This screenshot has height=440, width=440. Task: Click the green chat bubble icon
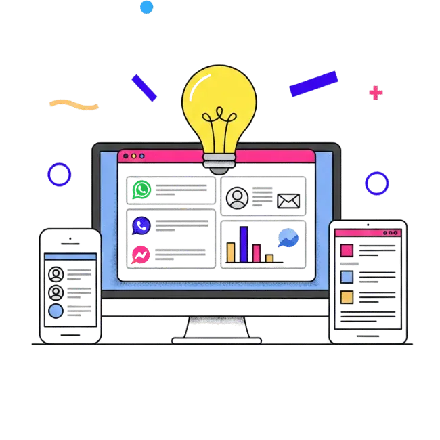pyautogui.click(x=141, y=190)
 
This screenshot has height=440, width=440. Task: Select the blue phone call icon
pyautogui.click(x=141, y=224)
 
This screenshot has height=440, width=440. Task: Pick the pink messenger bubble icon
pyautogui.click(x=141, y=252)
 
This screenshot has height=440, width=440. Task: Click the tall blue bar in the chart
pyautogui.click(x=244, y=244)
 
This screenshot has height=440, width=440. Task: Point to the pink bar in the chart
pyautogui.click(x=257, y=253)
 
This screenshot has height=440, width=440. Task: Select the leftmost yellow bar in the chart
pyautogui.click(x=231, y=252)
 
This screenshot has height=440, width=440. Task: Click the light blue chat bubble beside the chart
pyautogui.click(x=287, y=238)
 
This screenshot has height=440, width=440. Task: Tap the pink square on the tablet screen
pyautogui.click(x=347, y=250)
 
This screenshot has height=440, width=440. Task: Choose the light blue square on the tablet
pyautogui.click(x=347, y=276)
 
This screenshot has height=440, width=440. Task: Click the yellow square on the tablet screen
pyautogui.click(x=347, y=297)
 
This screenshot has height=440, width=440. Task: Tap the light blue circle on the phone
pyautogui.click(x=56, y=310)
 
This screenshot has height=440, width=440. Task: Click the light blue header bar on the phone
pyautogui.click(x=70, y=257)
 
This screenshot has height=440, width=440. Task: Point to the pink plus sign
pyautogui.click(x=375, y=92)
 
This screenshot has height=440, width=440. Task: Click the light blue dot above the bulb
pyautogui.click(x=146, y=7)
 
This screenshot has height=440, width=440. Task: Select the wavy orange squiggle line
pyautogui.click(x=74, y=104)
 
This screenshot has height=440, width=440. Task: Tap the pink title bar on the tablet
pyautogui.click(x=366, y=232)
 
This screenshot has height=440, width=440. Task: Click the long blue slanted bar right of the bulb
pyautogui.click(x=313, y=84)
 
